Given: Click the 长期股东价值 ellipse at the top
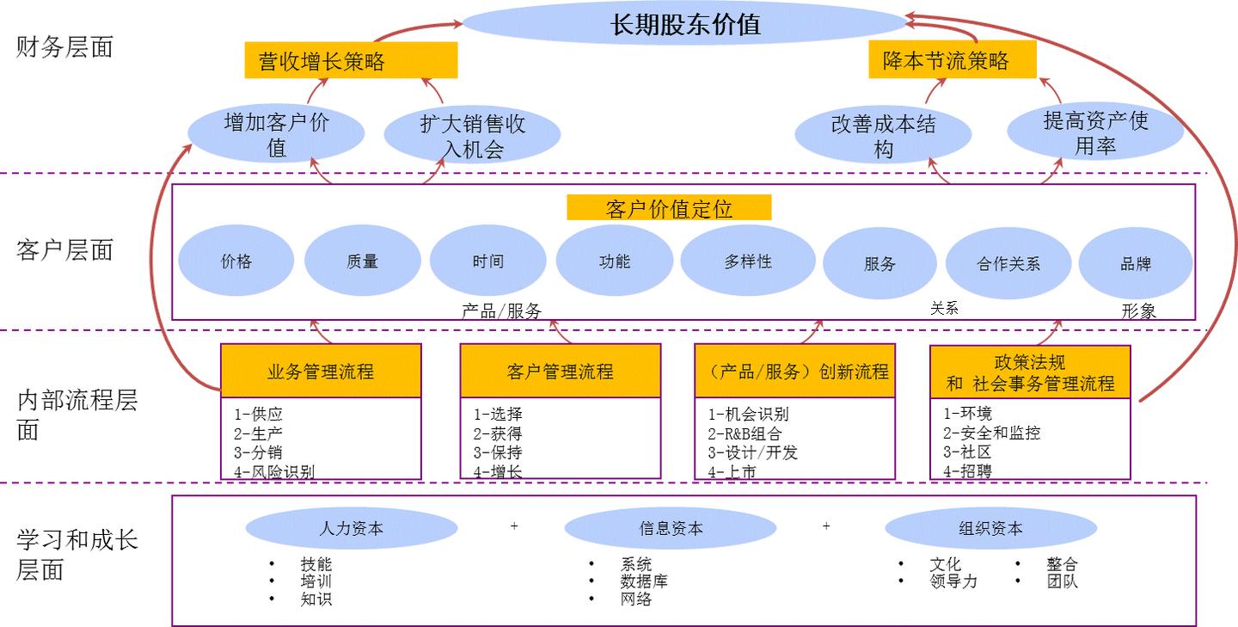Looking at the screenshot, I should pos(685,25).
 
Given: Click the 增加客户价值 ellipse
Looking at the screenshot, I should pos(276,135).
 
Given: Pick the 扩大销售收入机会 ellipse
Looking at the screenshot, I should pos(472,136).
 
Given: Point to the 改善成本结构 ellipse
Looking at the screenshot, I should pos(883,136).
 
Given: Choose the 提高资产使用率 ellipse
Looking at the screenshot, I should pos(1095,133).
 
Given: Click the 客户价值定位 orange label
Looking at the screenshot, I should pos(669,208).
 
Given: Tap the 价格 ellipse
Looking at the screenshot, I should pos(236,261).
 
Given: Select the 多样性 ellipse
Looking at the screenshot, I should pos(747,261).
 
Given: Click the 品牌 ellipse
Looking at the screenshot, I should pos(1135,263).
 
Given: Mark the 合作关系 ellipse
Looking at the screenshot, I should pos(1008,263).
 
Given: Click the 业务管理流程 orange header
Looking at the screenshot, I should pos(321,372).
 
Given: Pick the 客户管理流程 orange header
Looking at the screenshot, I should pos(560,372).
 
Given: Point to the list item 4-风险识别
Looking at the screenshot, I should pos(274,471).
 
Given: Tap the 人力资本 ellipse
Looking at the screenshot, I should pos(351,529).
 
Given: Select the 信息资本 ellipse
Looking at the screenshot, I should pos(670,529).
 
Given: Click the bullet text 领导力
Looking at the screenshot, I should pos(953,581).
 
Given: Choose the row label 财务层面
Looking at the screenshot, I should pos(64,47).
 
